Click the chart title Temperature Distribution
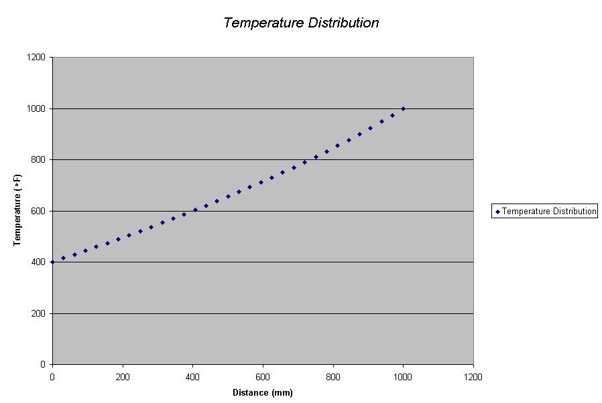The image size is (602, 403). (301, 23)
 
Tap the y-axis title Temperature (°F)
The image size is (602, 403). (17, 210)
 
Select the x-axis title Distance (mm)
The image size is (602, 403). (263, 392)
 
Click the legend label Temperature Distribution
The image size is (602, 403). (549, 212)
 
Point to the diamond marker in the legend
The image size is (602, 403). (497, 212)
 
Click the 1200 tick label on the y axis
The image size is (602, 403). (36, 58)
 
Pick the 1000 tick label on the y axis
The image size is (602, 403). (36, 108)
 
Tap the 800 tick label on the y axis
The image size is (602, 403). (38, 160)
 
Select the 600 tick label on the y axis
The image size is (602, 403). (38, 211)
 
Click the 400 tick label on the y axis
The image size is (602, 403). (38, 262)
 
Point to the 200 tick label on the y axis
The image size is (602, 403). (38, 313)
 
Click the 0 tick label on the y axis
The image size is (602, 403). (43, 365)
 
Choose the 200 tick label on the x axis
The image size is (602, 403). (122, 376)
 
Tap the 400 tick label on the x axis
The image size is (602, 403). (192, 376)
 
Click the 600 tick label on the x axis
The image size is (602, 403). (263, 376)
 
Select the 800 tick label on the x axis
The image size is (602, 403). (333, 376)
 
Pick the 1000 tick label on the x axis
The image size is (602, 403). (403, 376)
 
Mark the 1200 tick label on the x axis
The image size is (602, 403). (473, 376)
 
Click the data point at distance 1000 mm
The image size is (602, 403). (403, 108)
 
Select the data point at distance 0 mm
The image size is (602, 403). (52, 262)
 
